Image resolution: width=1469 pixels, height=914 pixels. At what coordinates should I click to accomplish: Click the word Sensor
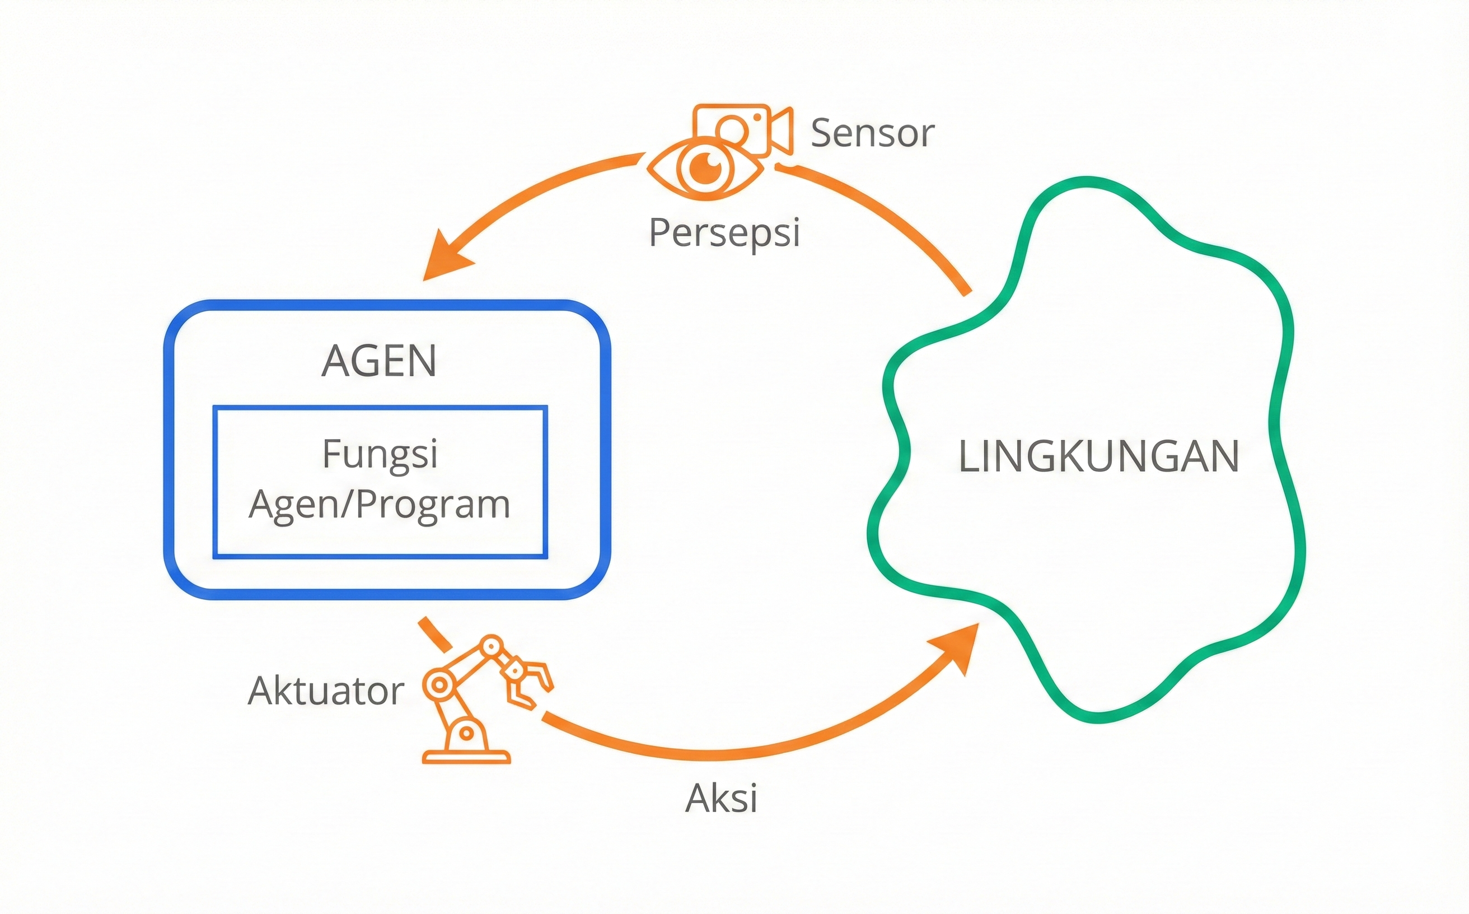click(872, 134)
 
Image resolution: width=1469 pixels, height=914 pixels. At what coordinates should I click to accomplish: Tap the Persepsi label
click(724, 233)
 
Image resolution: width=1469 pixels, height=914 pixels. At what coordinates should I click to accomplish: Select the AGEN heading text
click(379, 361)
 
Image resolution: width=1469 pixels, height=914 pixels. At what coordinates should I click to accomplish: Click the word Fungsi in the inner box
click(380, 454)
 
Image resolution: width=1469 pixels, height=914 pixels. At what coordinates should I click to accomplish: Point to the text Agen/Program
click(380, 504)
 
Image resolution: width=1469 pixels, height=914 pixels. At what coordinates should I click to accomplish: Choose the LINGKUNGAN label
click(1099, 456)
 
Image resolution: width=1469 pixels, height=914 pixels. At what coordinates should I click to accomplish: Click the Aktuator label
click(326, 691)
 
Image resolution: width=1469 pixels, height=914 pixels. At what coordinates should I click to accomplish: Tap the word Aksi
click(721, 799)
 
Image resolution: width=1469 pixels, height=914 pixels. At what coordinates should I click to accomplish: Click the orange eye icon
click(705, 167)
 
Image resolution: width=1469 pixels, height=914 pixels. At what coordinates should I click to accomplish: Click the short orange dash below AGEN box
click(435, 634)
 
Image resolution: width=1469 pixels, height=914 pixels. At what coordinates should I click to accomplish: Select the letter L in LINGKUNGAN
click(969, 456)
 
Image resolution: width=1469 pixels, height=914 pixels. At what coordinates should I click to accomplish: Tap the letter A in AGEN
click(336, 361)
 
